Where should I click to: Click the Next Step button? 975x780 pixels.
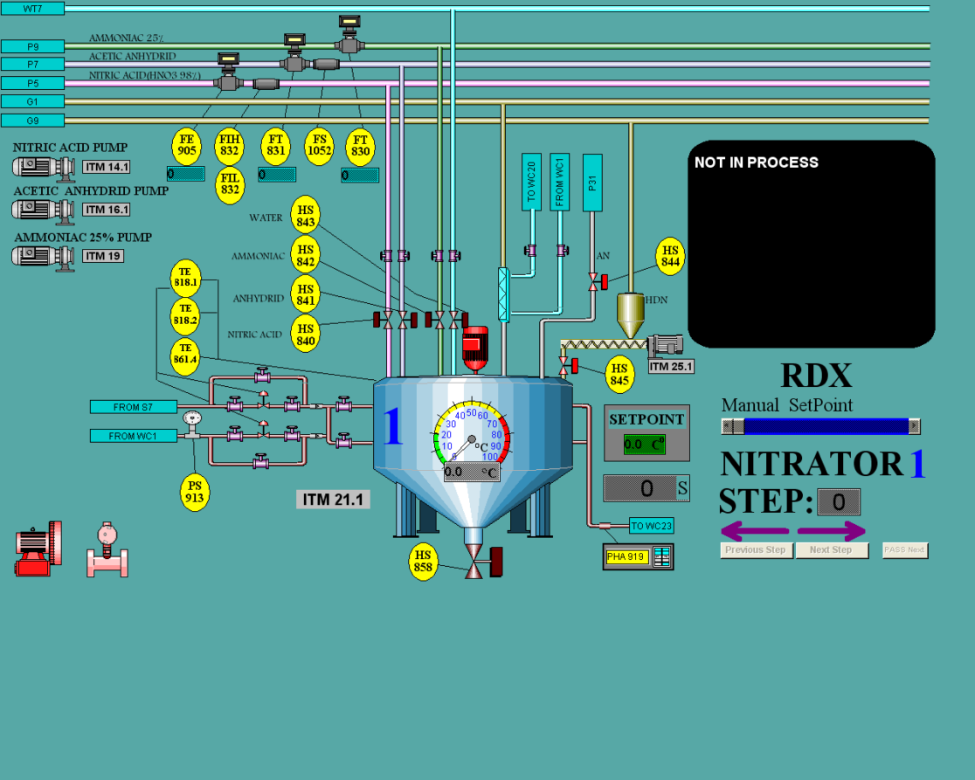coord(831,550)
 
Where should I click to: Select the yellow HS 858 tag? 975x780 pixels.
coord(424,562)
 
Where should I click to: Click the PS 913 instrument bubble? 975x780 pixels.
coord(195,493)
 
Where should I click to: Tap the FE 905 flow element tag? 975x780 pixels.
coord(187,145)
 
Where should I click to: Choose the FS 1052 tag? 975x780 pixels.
coord(319,145)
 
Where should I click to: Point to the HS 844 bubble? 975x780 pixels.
coord(670,256)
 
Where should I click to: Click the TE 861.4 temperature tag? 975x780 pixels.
coord(185,358)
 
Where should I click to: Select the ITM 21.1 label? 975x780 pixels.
coord(333,500)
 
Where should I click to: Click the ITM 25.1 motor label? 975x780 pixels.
coord(671,366)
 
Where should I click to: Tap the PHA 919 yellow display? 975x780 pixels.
coord(627,557)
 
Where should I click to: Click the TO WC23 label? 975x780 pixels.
coord(651,526)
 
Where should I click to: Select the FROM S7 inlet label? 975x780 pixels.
coord(133,407)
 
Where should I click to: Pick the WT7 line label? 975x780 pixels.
coord(32,9)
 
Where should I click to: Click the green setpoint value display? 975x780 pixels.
coord(645,445)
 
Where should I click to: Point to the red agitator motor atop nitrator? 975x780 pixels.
coord(474,349)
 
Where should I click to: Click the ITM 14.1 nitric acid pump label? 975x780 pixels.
coord(107,167)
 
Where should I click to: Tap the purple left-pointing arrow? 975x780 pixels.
coord(754,530)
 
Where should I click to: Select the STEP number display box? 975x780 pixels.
coord(838,502)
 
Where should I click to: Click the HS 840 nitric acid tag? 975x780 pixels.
coord(306,335)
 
